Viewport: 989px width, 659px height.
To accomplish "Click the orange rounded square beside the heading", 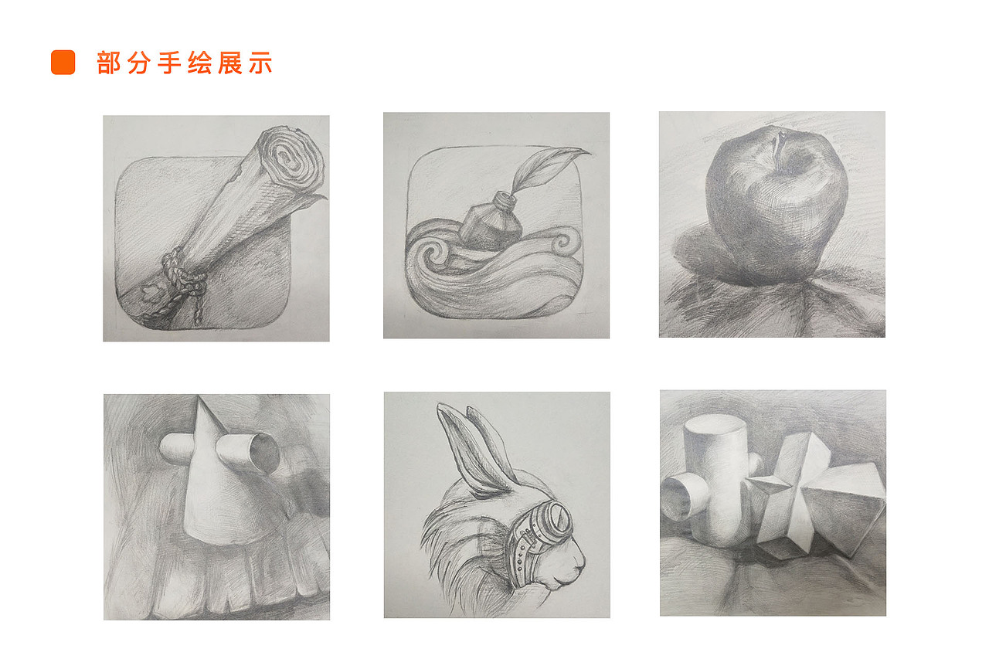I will pyautogui.click(x=63, y=63).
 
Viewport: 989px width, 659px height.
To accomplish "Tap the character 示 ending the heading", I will pyautogui.click(x=261, y=63).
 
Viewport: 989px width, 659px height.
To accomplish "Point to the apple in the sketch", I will pyautogui.click(x=777, y=205).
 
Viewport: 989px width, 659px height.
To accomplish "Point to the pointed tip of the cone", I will pyautogui.click(x=200, y=400).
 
